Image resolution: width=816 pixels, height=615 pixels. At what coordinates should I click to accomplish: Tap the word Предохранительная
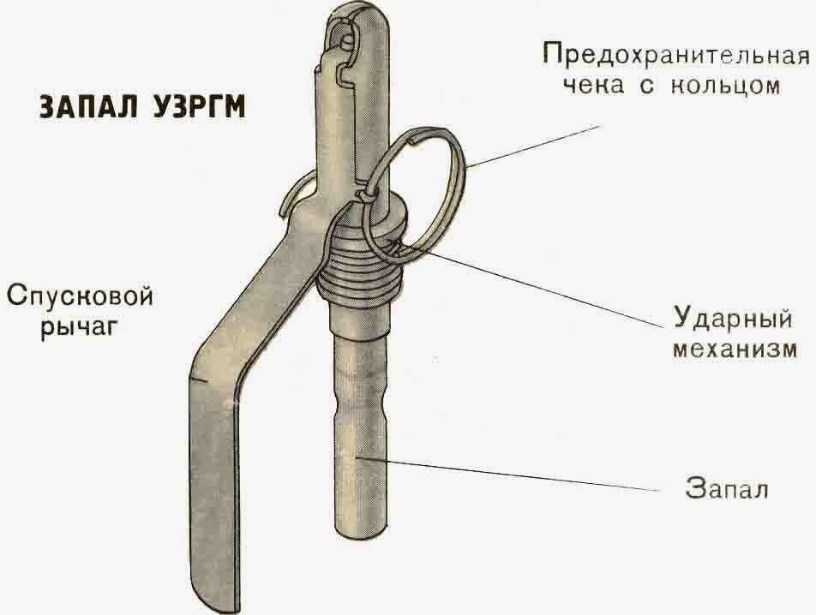pos(675,56)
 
